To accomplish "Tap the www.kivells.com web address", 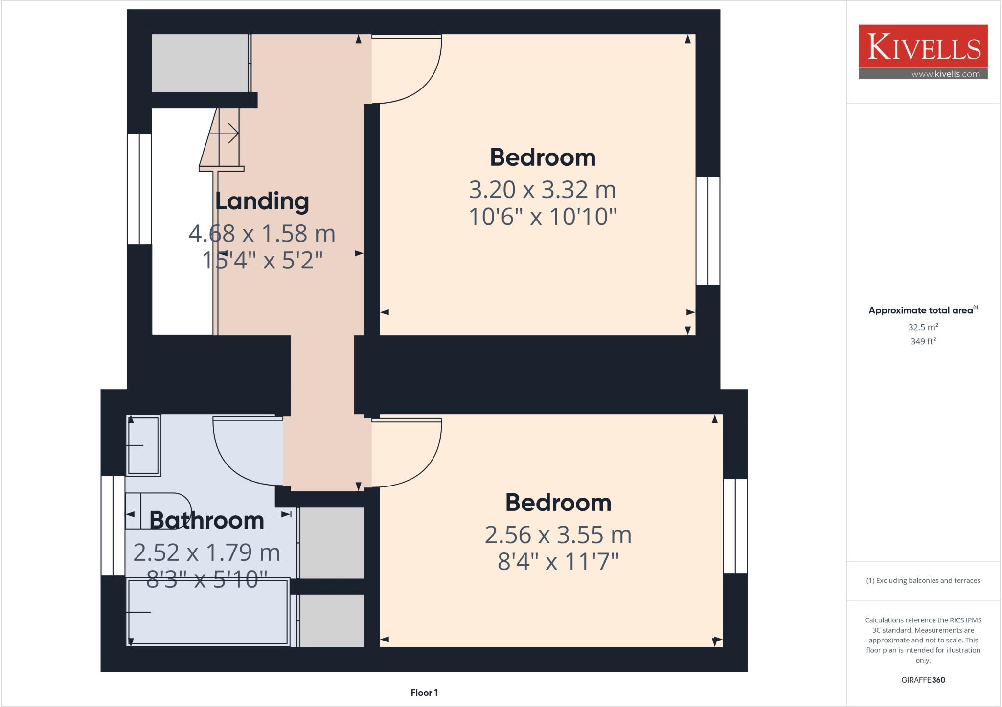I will (x=945, y=74).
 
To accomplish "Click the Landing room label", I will (x=262, y=201).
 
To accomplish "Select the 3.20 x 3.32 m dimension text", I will (x=542, y=190).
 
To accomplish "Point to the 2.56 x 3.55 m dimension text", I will (x=558, y=535).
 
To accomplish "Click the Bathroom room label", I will (x=206, y=520).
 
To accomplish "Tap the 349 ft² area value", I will (x=923, y=341).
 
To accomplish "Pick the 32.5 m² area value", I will (x=923, y=327).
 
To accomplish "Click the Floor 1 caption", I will (x=424, y=693).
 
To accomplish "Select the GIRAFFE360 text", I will (x=923, y=680).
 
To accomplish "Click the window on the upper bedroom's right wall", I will (x=707, y=231).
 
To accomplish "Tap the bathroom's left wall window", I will (x=113, y=526).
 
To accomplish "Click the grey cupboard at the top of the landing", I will (x=200, y=63).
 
